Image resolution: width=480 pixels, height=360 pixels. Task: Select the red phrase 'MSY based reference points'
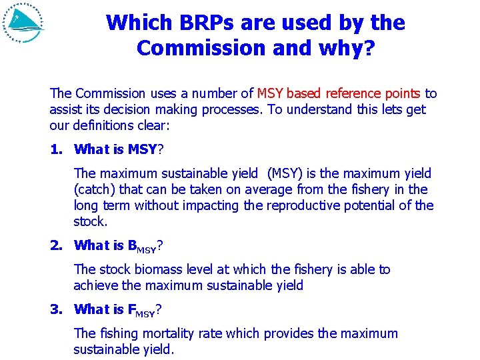point(339,93)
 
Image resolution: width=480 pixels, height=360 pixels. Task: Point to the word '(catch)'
point(96,189)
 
